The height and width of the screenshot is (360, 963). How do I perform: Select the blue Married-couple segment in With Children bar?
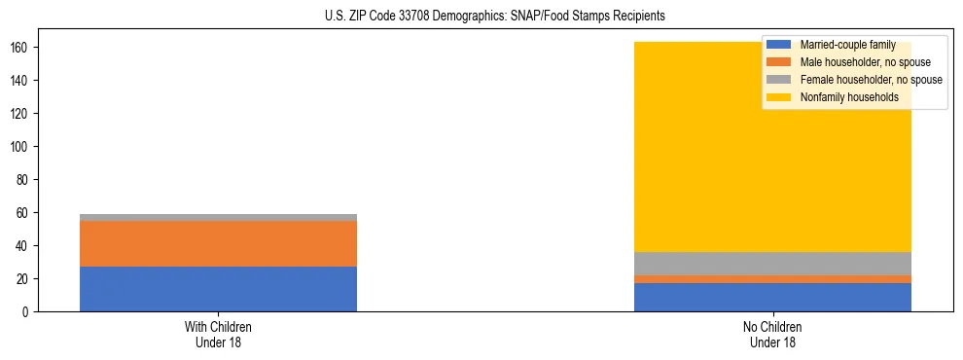218,289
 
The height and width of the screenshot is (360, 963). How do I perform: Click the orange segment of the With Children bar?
218,243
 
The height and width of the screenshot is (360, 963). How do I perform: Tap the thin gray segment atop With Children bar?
218,217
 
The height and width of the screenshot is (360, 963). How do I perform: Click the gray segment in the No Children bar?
772,264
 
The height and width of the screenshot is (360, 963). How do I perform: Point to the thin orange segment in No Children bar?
772,279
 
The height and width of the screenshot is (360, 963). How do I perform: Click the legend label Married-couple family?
847,45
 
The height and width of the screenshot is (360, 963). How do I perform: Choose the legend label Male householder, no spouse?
865,62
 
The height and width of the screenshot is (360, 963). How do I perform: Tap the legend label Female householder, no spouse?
871,80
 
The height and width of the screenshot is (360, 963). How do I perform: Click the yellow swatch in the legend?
779,97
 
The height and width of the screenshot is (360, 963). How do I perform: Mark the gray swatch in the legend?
779,80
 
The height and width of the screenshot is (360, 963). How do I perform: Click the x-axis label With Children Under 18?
218,334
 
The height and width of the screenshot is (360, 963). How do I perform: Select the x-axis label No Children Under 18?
772,334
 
